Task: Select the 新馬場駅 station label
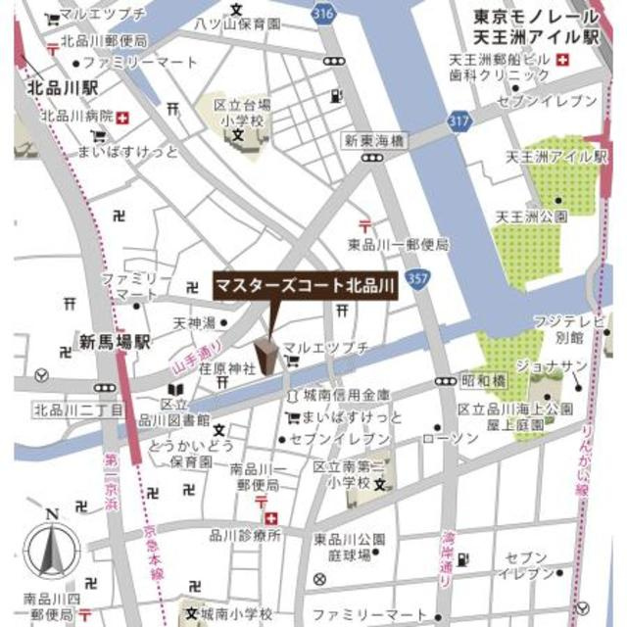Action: (115, 342)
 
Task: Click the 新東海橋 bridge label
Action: (373, 141)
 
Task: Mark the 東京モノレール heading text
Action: (535, 17)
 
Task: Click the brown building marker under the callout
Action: (265, 355)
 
